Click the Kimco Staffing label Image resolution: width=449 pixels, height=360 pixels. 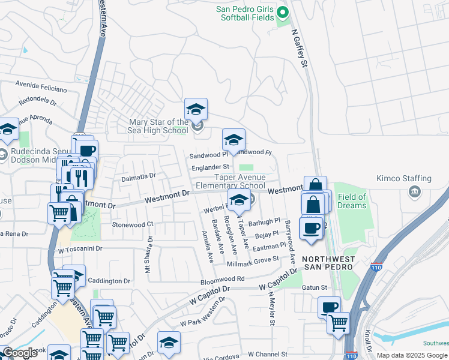[x=404, y=178]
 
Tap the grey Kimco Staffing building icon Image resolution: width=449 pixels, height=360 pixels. [x=414, y=191]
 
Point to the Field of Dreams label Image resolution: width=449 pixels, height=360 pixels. [x=352, y=201]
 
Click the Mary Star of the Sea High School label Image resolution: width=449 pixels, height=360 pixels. [x=158, y=126]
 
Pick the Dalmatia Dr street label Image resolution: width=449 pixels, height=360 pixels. [x=138, y=176]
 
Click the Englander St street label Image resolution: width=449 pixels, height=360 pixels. [x=210, y=167]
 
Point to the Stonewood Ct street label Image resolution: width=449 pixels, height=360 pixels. [x=133, y=224]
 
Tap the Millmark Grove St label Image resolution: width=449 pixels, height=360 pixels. [x=253, y=261]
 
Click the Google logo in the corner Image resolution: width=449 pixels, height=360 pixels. [x=20, y=353]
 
